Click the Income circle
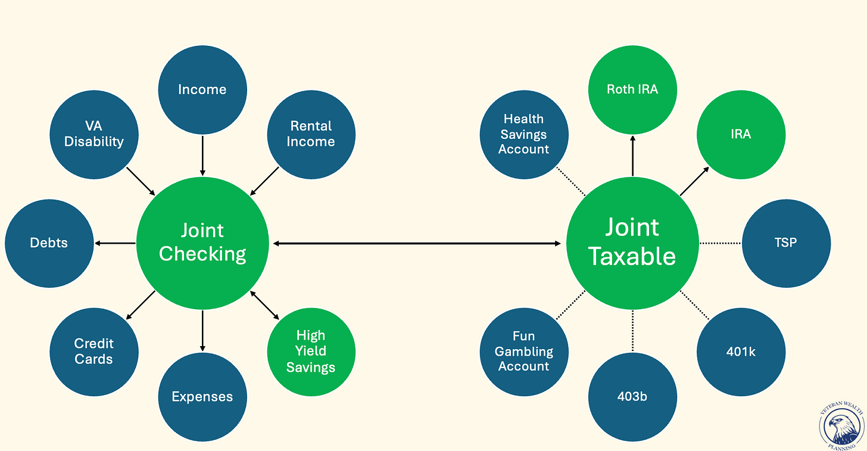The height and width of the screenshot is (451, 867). (202, 90)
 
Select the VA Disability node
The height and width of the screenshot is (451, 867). (94, 134)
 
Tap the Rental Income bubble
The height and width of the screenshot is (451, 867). (311, 134)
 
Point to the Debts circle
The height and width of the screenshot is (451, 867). (49, 243)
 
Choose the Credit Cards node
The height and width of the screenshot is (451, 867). (94, 352)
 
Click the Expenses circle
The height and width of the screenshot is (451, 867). (202, 397)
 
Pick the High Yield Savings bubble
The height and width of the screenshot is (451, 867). (311, 352)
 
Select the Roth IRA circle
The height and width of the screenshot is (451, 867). (632, 90)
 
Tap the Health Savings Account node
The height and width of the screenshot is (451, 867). (524, 134)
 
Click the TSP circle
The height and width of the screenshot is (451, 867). (786, 243)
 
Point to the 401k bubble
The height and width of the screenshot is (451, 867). (741, 352)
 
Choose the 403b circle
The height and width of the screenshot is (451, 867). (632, 397)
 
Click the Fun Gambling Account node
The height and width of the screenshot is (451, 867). (524, 352)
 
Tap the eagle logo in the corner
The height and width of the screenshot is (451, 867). (841, 426)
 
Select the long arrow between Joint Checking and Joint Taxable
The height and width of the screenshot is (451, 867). (417, 244)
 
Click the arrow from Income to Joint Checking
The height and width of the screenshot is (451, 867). (202, 155)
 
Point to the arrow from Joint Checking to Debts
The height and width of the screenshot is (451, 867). (116, 243)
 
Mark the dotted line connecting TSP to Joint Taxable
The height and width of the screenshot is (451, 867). (721, 243)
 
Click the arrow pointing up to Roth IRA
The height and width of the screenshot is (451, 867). (632, 155)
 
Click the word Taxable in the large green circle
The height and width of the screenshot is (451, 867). (632, 256)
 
